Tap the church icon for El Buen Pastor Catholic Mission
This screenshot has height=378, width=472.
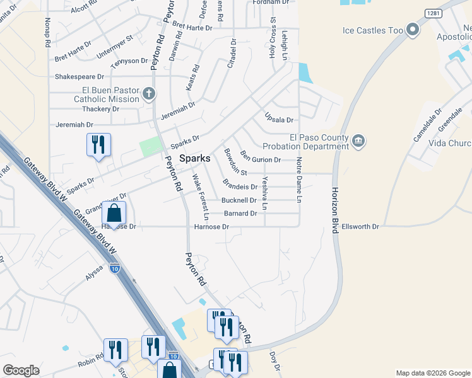[x=149, y=94]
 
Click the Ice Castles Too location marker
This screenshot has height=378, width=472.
[x=413, y=30]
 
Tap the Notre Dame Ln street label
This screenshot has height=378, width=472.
[x=300, y=180]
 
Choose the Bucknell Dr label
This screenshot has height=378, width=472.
[x=239, y=200]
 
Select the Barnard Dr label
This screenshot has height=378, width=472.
[x=240, y=214]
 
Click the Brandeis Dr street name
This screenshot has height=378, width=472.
[x=240, y=186]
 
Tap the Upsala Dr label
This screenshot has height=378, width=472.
[x=279, y=120]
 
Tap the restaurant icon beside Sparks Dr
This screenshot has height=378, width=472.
[x=98, y=144]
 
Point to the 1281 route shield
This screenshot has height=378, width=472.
[x=433, y=13]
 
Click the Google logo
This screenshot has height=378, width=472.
[x=21, y=370]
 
